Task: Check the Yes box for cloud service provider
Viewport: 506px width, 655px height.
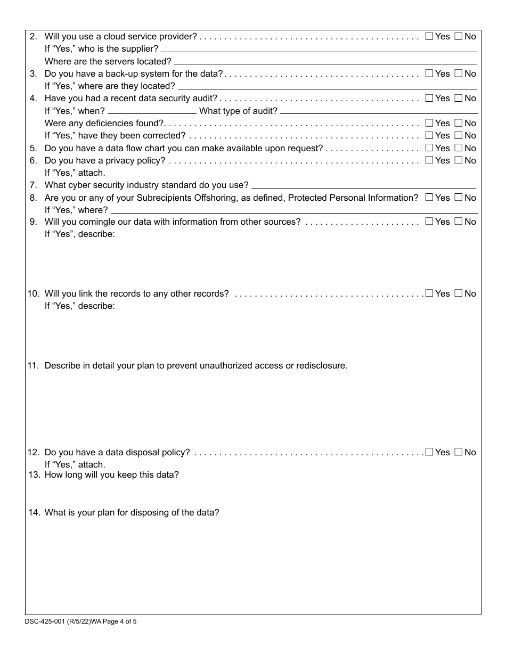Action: (429, 36)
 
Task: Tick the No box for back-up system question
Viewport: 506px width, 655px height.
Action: (458, 73)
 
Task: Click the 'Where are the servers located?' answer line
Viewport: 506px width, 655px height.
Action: (325, 62)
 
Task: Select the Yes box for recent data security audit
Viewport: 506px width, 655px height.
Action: (429, 98)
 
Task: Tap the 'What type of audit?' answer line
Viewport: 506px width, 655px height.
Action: (378, 111)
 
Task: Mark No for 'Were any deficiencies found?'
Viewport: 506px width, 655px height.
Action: (458, 123)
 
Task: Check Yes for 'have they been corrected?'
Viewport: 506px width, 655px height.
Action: (429, 135)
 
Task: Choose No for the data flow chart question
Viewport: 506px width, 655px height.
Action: (458, 148)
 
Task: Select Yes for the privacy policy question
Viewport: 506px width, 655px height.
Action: (429, 160)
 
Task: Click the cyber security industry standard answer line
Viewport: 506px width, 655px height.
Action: (363, 186)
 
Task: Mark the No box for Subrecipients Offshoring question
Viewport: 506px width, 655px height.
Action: (458, 198)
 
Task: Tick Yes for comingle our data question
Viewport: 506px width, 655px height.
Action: (429, 222)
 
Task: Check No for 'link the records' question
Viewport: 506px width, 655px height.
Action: (458, 293)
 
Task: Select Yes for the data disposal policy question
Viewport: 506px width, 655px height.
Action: (429, 452)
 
